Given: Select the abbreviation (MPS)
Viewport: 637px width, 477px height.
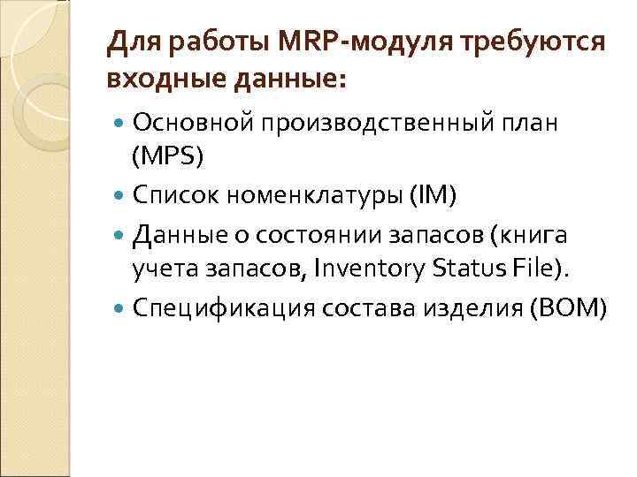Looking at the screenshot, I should (x=167, y=156).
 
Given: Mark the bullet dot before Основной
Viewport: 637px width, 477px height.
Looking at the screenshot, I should (x=120, y=122).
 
